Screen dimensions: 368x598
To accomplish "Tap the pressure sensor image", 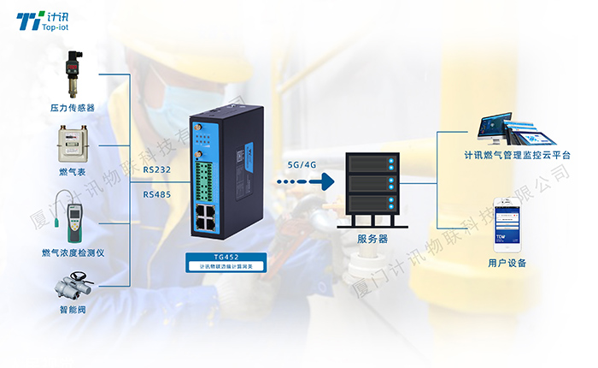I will [72, 75].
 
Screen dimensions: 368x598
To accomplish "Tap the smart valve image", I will [73, 284].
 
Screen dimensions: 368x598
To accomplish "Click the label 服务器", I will [372, 239].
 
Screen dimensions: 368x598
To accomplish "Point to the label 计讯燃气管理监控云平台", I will [517, 156].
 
